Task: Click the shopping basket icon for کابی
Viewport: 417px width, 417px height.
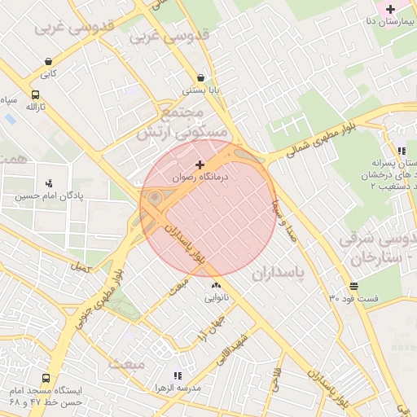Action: [49, 61]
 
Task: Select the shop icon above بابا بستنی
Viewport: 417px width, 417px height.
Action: [200, 78]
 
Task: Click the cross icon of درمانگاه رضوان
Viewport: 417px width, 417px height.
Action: [200, 165]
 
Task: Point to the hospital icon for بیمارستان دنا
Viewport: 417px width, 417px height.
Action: [391, 9]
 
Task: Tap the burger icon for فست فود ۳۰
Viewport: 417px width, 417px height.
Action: [353, 286]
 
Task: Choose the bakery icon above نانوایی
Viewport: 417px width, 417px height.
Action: [216, 286]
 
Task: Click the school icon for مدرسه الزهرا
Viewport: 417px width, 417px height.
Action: [178, 375]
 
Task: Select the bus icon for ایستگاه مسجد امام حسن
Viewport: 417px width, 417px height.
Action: [46, 379]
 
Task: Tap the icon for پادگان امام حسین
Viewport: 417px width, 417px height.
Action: [49, 183]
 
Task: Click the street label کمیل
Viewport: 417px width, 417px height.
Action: [81, 266]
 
